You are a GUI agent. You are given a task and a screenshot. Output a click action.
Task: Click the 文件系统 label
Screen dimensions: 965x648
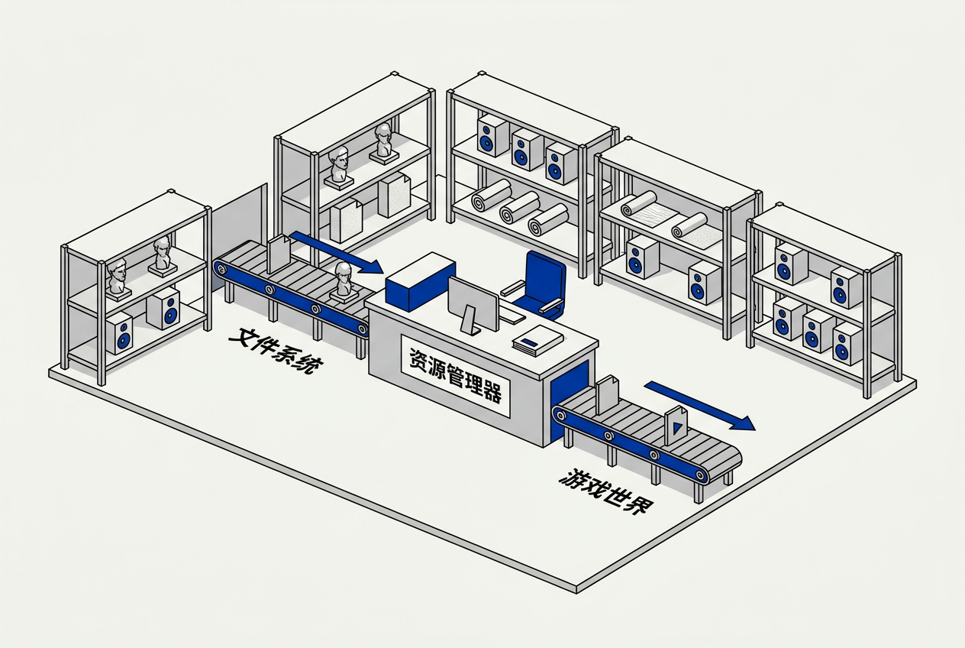(276, 351)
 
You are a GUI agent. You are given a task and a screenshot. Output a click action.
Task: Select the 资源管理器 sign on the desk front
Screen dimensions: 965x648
(455, 375)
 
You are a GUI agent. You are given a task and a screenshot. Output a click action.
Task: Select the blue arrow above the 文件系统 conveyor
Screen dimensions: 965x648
(337, 253)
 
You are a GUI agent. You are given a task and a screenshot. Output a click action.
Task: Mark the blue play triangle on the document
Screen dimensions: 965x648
(676, 428)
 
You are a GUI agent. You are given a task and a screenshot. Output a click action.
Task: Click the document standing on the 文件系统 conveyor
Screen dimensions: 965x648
(279, 254)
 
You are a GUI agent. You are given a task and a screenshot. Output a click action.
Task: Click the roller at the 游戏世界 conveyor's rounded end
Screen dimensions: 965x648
(700, 475)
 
